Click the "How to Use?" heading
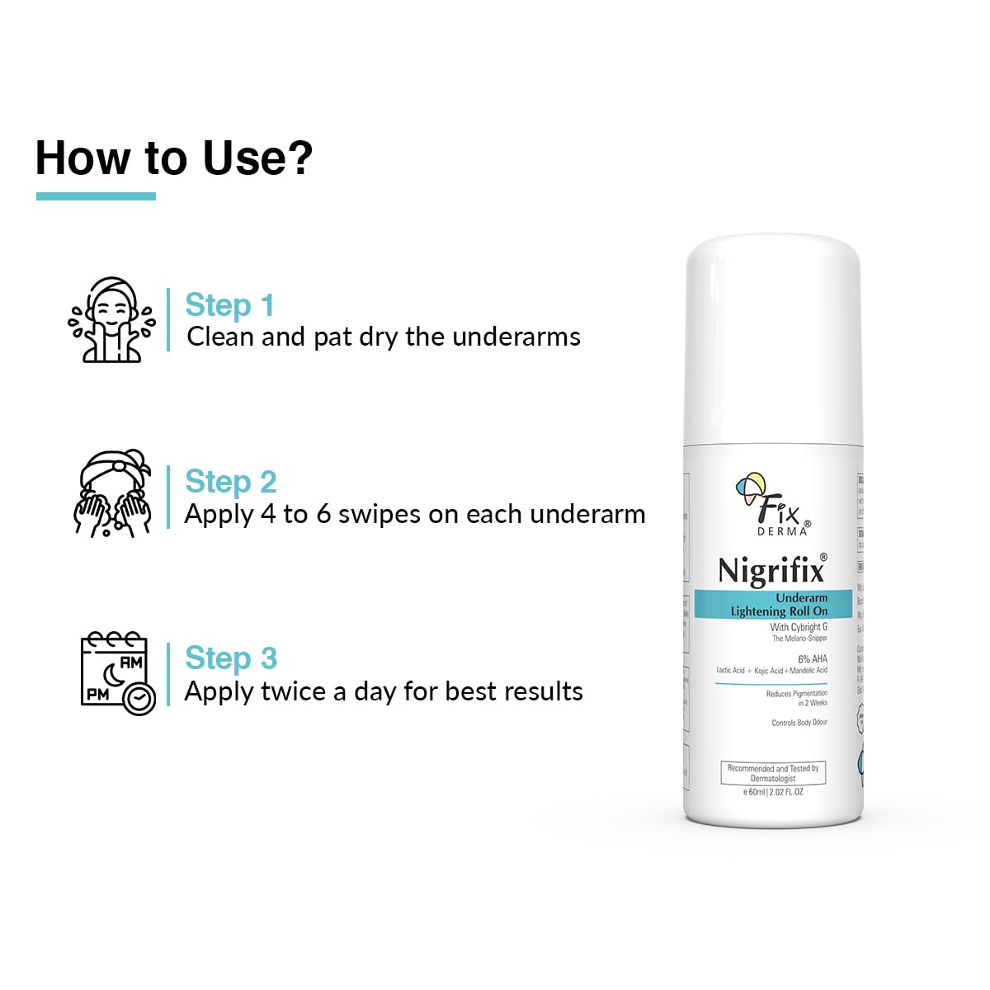click(174, 158)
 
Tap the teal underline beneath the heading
click(96, 196)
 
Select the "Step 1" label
click(229, 305)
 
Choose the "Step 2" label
click(231, 482)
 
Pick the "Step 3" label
click(231, 658)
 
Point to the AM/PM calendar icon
click(117, 672)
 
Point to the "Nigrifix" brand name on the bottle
click(771, 571)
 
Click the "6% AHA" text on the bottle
click(812, 659)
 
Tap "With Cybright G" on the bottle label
click(799, 627)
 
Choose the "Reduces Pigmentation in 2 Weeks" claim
click(796, 698)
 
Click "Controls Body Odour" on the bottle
click(799, 723)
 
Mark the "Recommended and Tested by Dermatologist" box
click(773, 773)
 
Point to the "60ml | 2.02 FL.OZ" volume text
click(774, 792)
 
